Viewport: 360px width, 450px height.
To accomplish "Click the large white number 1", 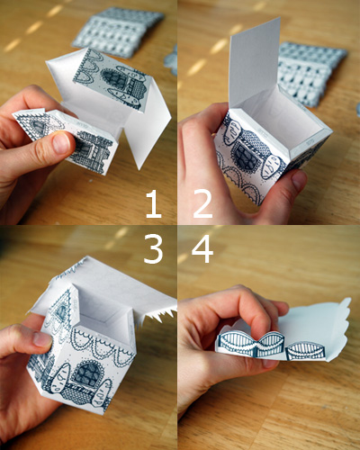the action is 154,204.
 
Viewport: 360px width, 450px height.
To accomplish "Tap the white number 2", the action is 202,204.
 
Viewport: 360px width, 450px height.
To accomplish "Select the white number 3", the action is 154,248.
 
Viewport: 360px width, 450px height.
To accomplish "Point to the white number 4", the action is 202,248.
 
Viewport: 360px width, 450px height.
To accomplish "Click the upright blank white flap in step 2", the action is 255,60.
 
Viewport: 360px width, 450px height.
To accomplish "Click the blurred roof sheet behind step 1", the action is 118,31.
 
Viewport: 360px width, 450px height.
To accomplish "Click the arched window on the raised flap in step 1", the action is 114,78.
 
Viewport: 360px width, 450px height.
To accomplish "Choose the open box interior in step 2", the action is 277,119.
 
